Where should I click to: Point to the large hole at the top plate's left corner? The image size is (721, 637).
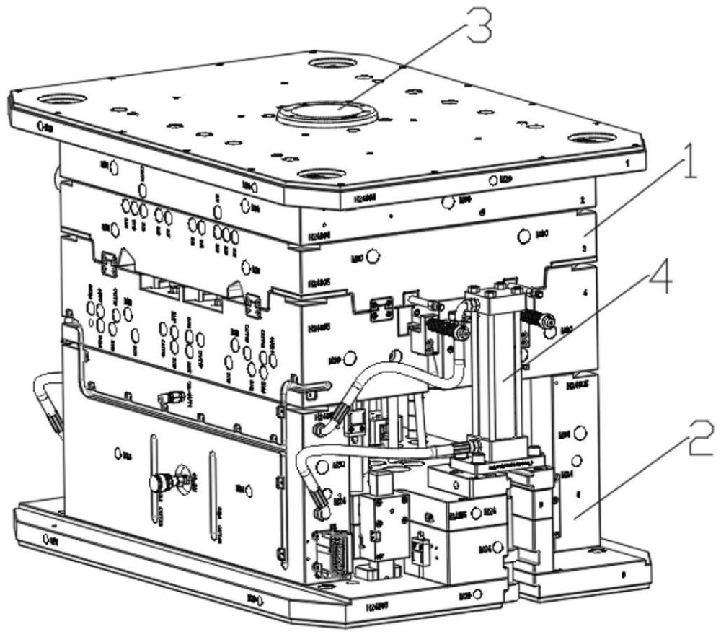54,98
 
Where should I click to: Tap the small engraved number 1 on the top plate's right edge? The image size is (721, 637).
627,164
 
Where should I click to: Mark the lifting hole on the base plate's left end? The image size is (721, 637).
47,538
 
